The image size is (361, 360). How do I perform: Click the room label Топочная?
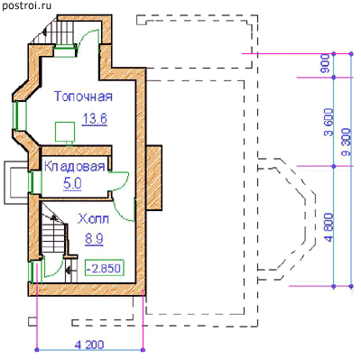[x=83, y=97]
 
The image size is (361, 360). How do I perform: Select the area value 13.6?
[x=95, y=119]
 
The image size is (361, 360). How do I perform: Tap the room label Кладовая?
[x=75, y=166]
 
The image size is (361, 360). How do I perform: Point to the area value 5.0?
[x=72, y=184]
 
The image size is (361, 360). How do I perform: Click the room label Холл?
[x=94, y=219]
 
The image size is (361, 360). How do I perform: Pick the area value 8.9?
[x=94, y=239]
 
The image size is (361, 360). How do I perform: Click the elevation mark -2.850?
[x=105, y=268]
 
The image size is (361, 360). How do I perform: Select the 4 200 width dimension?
[x=89, y=345]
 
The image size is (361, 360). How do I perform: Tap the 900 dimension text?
[x=325, y=64]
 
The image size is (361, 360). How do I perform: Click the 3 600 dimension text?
[x=329, y=122]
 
